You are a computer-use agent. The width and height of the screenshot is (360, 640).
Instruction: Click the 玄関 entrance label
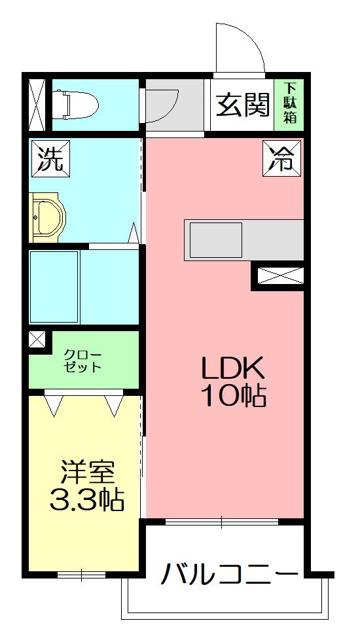click(x=243, y=105)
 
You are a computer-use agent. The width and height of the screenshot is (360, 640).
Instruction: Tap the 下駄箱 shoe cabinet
click(x=290, y=104)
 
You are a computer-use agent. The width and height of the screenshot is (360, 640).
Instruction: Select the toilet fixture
click(x=75, y=105)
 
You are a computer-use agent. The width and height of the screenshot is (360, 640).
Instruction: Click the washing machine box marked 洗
click(x=50, y=159)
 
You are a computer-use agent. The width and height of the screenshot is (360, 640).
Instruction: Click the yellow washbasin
click(x=47, y=217)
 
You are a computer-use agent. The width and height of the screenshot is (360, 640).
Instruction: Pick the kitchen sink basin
click(x=216, y=240)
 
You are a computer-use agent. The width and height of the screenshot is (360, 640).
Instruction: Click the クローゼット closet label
click(x=82, y=361)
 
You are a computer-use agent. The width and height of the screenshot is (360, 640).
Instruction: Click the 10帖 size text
click(x=233, y=395)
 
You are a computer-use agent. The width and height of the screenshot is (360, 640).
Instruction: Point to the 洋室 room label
click(x=87, y=472)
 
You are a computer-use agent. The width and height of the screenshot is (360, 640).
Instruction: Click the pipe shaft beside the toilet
click(x=36, y=105)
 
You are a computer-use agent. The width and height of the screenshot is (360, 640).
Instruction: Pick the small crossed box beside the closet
click(x=37, y=340)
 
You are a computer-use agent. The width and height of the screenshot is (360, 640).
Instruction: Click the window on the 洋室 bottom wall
click(x=82, y=575)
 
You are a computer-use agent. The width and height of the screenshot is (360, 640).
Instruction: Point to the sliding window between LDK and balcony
click(x=222, y=522)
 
